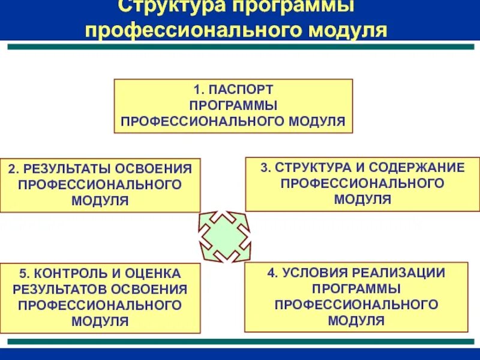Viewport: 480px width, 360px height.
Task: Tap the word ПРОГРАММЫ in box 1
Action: [x=233, y=106]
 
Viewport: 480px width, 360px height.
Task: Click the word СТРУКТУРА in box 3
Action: [x=307, y=167]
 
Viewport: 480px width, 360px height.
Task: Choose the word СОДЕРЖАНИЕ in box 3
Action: [x=416, y=167]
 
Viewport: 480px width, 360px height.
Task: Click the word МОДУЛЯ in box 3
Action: [x=362, y=199]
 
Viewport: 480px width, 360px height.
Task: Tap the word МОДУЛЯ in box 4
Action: [x=356, y=320]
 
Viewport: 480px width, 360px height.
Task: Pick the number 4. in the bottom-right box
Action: [x=272, y=273]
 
